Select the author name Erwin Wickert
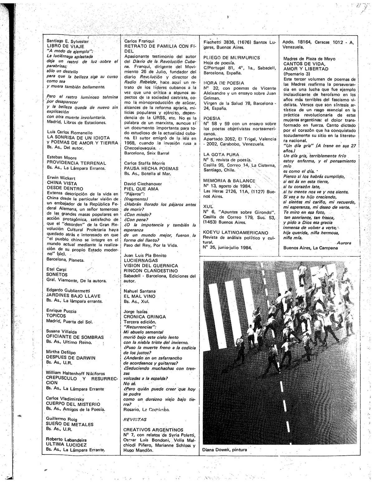click(x=61, y=178)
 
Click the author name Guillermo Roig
click(x=61, y=419)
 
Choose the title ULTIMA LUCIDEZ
click(x=66, y=445)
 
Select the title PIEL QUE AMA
click(x=141, y=189)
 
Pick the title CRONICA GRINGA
click(x=145, y=317)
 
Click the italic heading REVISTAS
click(x=135, y=420)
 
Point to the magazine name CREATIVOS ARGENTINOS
click(x=153, y=430)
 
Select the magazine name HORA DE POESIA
click(x=223, y=83)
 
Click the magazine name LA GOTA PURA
click(x=221, y=155)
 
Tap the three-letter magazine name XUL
click(x=208, y=207)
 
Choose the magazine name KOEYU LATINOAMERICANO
click(x=235, y=233)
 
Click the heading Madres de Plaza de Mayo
click(x=309, y=59)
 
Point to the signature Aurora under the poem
click(x=344, y=243)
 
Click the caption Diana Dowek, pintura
click(x=224, y=450)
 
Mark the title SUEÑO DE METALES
click(x=70, y=425)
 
